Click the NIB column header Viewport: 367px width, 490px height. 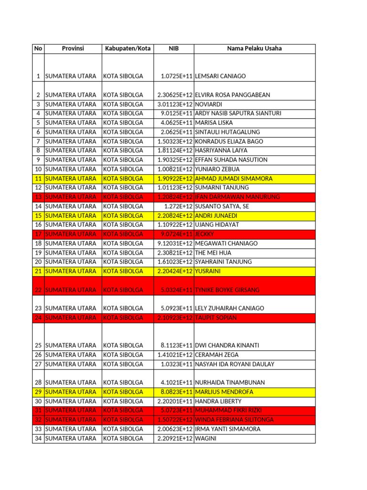[x=173, y=48]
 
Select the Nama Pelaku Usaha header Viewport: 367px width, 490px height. [x=254, y=48]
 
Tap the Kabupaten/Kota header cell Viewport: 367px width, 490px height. [x=127, y=48]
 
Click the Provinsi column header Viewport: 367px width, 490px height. [x=73, y=48]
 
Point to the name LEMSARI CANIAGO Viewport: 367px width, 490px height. [x=219, y=76]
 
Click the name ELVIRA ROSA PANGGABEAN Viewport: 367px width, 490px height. [x=233, y=95]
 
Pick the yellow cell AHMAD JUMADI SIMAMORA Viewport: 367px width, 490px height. [x=234, y=178]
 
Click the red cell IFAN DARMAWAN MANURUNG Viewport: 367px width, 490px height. [x=237, y=197]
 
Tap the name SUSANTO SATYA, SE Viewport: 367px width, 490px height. [x=222, y=206]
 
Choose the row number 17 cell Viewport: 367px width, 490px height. [x=38, y=234]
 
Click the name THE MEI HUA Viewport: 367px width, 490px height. [x=213, y=253]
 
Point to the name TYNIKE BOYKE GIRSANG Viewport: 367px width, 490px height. [x=227, y=290]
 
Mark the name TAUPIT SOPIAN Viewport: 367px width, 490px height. [x=216, y=317]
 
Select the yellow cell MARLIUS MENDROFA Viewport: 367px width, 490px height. [x=225, y=392]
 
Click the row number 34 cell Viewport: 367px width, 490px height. [x=38, y=438]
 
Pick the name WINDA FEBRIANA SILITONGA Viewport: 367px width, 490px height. [x=235, y=420]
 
